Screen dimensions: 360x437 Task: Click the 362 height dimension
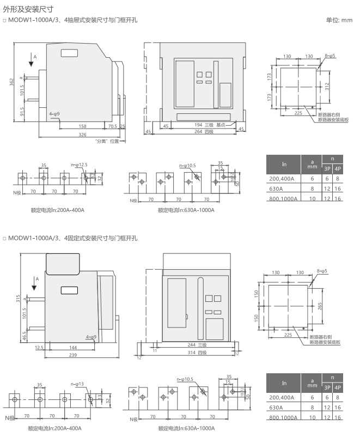click(x=11, y=82)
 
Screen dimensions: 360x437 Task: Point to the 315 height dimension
click(x=18, y=299)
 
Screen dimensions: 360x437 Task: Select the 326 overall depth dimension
click(x=82, y=135)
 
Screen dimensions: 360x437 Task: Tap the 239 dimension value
click(x=73, y=355)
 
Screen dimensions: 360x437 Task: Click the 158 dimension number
click(x=82, y=126)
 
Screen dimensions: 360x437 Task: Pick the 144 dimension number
click(x=73, y=348)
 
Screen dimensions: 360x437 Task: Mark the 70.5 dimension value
click(x=113, y=126)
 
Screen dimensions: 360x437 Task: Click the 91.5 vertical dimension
click(x=22, y=112)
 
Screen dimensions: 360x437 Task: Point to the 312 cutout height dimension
click(x=327, y=87)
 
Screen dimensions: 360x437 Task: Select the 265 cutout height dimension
click(x=320, y=306)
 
